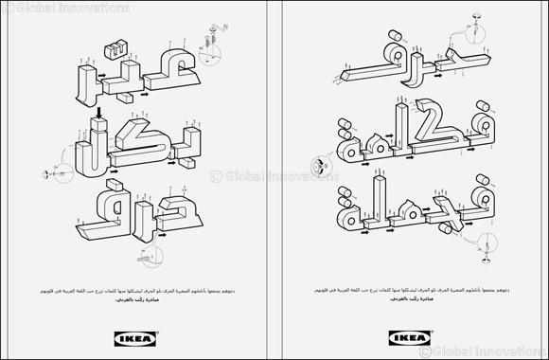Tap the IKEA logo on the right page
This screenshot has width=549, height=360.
(408, 333)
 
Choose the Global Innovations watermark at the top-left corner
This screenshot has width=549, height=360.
(65, 8)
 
